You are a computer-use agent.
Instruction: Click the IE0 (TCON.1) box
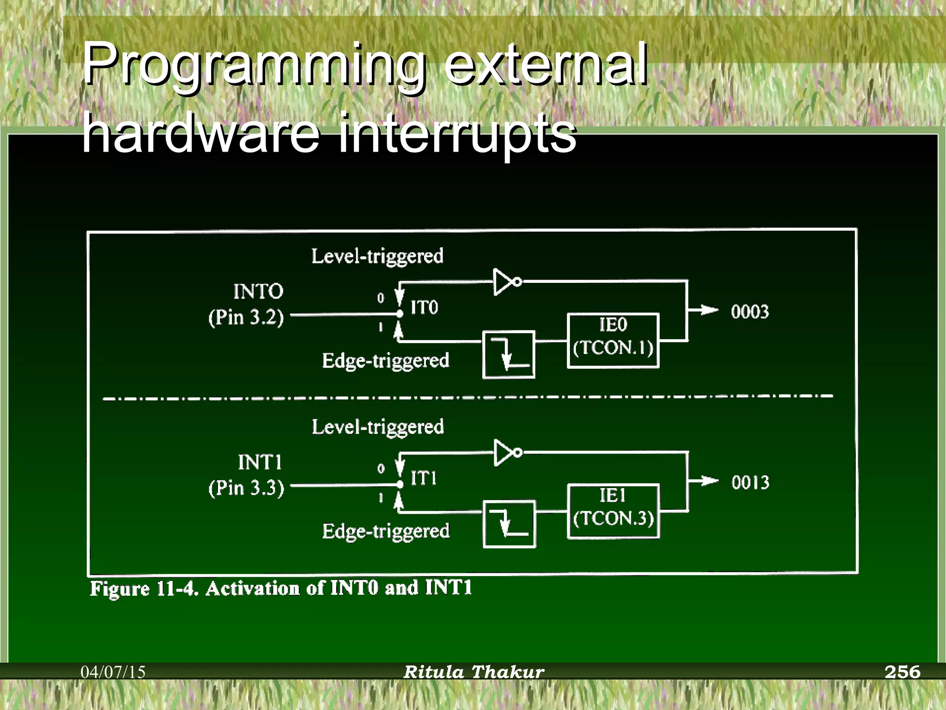coord(613,341)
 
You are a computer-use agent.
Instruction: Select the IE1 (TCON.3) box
coord(613,511)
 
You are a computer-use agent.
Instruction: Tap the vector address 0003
coord(750,312)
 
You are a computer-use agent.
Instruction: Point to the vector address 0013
coord(750,483)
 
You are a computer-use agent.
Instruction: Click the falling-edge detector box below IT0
coord(509,355)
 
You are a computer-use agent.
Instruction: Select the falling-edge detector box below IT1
coord(509,524)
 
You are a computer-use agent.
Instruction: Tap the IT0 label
coord(424,307)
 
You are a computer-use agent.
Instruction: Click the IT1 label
coord(424,478)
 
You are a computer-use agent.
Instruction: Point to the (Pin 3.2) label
coord(246,318)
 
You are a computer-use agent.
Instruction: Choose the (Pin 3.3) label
coord(246,489)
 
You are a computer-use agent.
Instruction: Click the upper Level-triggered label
coord(377,256)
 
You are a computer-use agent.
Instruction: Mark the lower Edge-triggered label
coord(386,531)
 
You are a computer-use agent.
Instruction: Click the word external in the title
coord(545,65)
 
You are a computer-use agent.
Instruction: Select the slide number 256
coord(902,672)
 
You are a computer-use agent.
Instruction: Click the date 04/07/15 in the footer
coord(113,672)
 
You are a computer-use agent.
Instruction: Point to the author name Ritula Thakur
coord(473,672)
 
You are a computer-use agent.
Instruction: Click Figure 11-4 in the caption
coord(144,589)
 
